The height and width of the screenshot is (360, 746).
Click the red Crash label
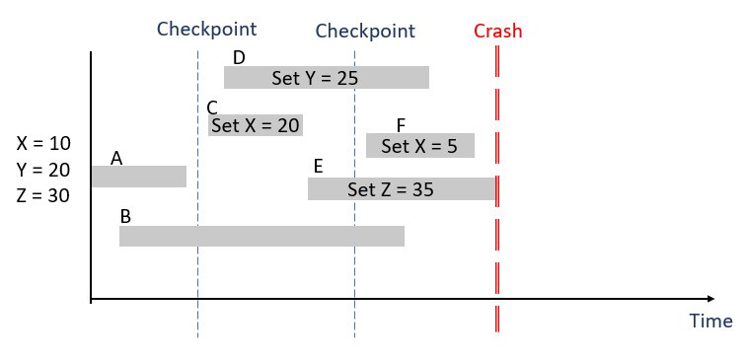(x=497, y=31)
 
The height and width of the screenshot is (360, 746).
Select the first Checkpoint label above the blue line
(x=206, y=30)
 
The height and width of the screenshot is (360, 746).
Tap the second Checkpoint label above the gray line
(x=365, y=32)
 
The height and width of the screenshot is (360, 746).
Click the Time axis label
(x=710, y=321)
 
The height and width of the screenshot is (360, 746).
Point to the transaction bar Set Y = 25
(x=326, y=78)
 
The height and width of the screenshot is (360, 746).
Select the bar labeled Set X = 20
(x=255, y=125)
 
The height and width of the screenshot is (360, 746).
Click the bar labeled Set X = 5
(x=419, y=146)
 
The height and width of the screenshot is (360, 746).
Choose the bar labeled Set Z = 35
(x=400, y=189)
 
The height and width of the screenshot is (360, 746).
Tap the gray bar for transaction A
(x=138, y=177)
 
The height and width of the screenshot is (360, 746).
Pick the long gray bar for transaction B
(x=261, y=236)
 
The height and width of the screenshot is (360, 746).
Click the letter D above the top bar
(x=238, y=57)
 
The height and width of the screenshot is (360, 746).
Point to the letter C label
(x=212, y=108)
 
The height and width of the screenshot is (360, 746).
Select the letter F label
(x=401, y=125)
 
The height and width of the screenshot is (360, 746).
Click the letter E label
(x=318, y=166)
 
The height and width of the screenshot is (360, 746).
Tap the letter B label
(x=125, y=216)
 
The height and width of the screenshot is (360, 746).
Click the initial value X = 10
(x=43, y=143)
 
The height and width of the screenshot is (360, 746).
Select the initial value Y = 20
(x=43, y=170)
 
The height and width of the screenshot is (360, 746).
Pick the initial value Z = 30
(x=43, y=195)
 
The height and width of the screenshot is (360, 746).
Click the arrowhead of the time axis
(x=708, y=298)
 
